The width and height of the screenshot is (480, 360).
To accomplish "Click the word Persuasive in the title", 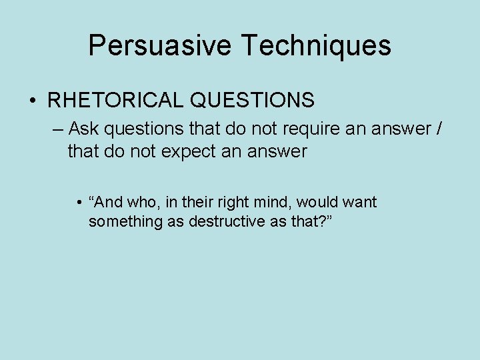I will click(160, 46).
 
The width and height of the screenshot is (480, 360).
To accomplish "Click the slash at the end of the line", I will click(437, 127).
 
